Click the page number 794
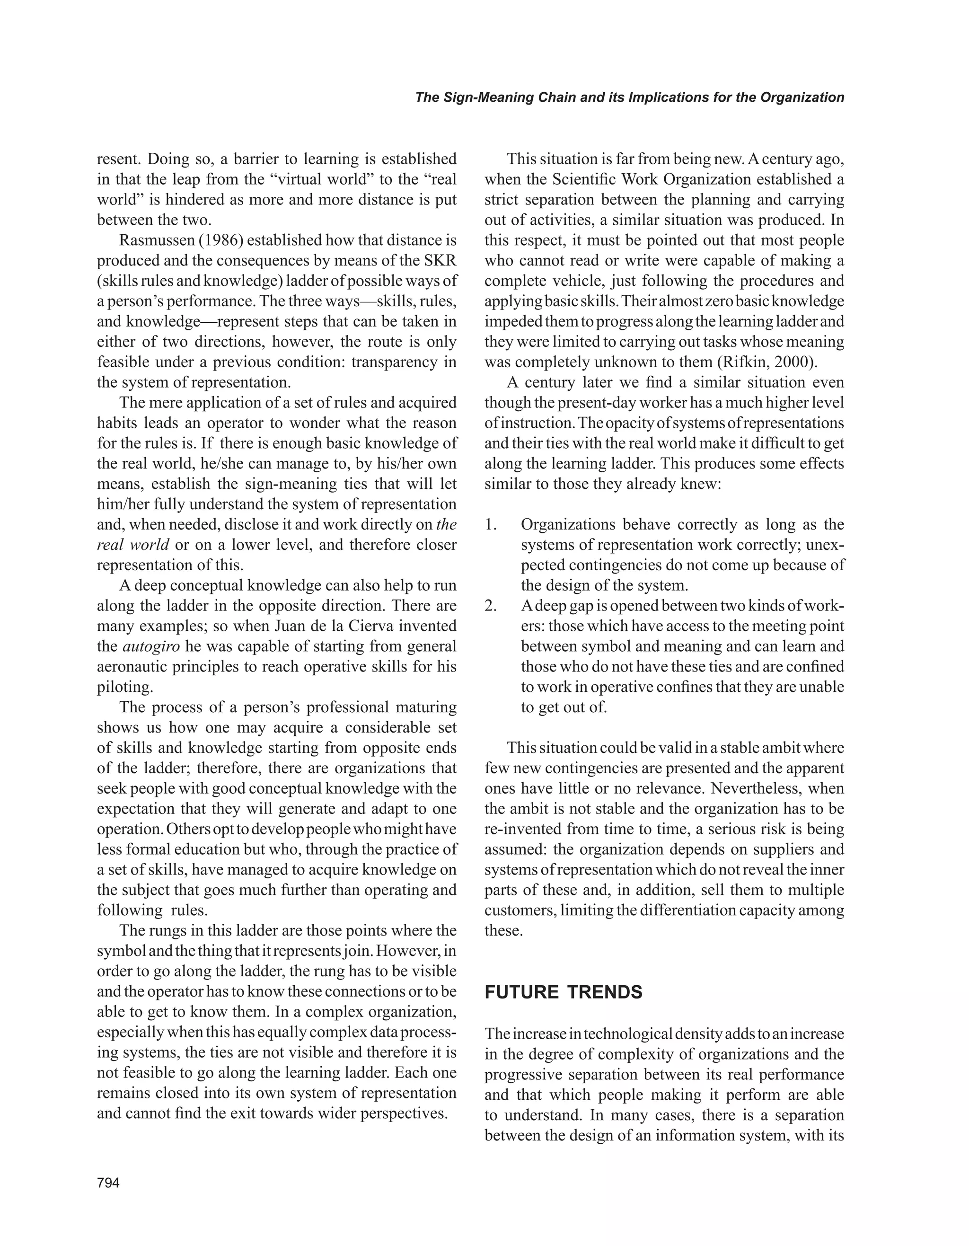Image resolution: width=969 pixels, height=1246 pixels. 108,1183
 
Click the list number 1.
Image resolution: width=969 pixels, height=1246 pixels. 491,524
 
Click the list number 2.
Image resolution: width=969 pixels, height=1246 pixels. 491,605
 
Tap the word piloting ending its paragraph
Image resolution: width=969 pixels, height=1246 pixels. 124,687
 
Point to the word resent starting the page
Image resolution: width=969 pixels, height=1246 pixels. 116,159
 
